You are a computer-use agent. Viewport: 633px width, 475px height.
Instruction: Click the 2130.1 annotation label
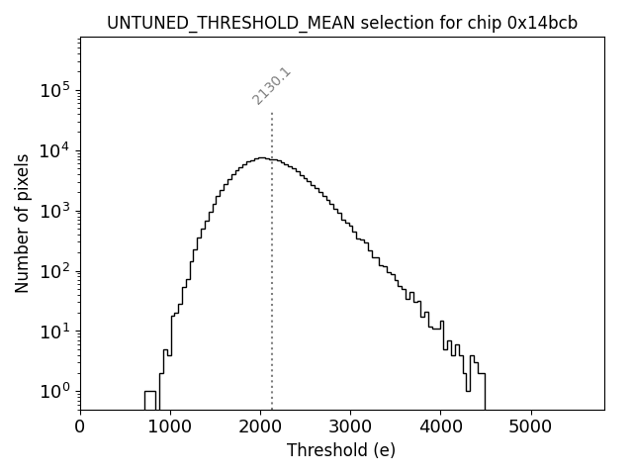(271, 86)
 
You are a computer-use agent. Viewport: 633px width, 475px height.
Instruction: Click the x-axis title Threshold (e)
(341, 450)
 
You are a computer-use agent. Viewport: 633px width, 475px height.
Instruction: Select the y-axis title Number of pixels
(22, 224)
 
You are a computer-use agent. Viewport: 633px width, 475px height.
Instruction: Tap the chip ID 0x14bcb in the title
(543, 23)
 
